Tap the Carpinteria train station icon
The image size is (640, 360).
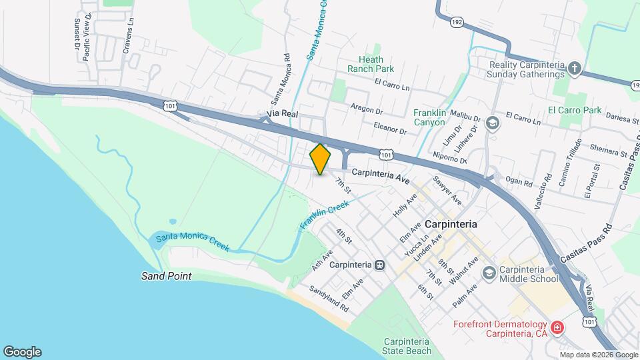(x=379, y=265)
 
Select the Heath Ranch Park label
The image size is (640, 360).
(x=371, y=63)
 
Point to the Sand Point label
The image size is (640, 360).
(x=166, y=275)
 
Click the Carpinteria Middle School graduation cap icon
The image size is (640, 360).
(x=489, y=273)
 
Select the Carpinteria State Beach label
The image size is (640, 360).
(x=407, y=345)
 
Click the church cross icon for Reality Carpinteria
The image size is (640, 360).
(x=575, y=68)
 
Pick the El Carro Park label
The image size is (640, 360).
(x=574, y=111)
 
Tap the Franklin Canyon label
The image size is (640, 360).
(x=438, y=118)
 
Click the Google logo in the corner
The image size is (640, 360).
(x=22, y=351)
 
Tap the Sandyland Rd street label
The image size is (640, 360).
(x=329, y=300)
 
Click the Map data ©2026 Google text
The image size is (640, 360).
(x=599, y=355)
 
